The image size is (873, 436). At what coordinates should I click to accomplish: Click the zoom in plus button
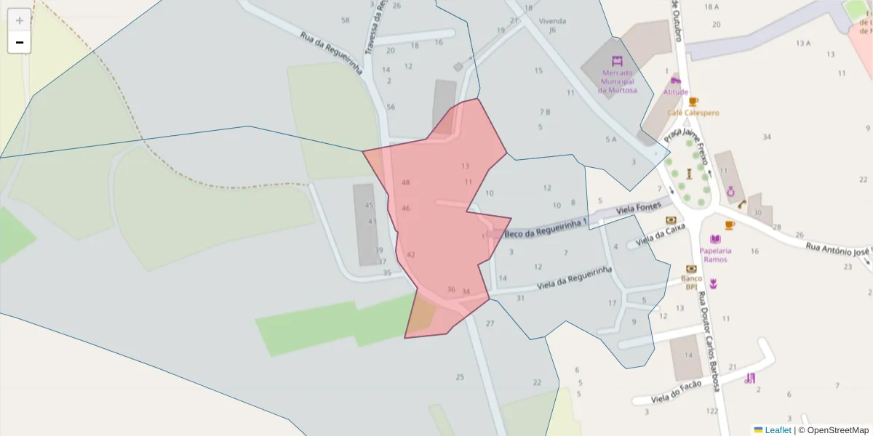[20, 20]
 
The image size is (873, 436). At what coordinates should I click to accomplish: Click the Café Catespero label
[693, 113]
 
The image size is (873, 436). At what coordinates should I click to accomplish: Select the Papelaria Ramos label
[715, 255]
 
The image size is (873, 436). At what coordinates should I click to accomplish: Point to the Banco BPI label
[691, 282]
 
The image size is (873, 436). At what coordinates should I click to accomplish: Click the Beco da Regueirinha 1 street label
[545, 229]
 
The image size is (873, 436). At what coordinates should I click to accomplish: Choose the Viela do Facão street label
[677, 392]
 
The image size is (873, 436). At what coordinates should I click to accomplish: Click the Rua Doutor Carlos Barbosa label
[709, 342]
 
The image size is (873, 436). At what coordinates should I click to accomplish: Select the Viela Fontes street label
[634, 209]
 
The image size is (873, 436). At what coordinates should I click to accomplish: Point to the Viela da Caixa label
[661, 233]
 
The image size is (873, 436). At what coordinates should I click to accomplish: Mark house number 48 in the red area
[405, 182]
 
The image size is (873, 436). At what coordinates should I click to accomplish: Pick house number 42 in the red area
[411, 255]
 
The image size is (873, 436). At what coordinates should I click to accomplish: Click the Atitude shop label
[675, 92]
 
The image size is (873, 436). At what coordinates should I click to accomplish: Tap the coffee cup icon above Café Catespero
[693, 102]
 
